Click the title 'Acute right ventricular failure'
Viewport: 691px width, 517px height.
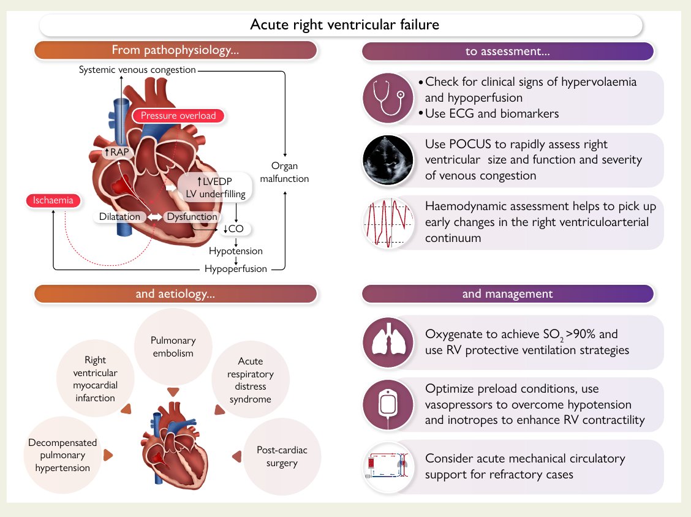click(x=345, y=25)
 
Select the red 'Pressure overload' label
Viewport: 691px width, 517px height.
click(x=178, y=115)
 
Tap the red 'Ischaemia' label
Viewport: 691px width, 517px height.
click(x=53, y=200)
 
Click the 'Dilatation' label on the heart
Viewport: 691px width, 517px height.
click(x=120, y=217)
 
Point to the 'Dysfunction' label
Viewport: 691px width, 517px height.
click(x=192, y=217)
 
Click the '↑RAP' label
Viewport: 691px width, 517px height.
click(x=116, y=151)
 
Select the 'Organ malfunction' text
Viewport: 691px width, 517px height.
click(x=284, y=172)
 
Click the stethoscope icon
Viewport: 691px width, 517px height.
click(x=388, y=98)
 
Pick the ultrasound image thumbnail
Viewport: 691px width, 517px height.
click(x=388, y=160)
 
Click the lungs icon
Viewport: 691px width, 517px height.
click(x=388, y=342)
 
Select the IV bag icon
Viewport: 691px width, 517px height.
click(x=388, y=404)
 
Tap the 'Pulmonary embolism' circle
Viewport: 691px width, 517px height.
click(x=173, y=347)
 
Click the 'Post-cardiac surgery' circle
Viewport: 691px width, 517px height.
click(x=282, y=456)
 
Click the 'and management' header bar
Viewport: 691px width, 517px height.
click(x=507, y=294)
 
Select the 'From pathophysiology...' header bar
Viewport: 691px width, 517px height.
click(x=175, y=50)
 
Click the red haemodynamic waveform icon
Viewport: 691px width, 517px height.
click(x=388, y=222)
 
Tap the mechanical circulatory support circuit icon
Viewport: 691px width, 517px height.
click(x=388, y=467)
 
